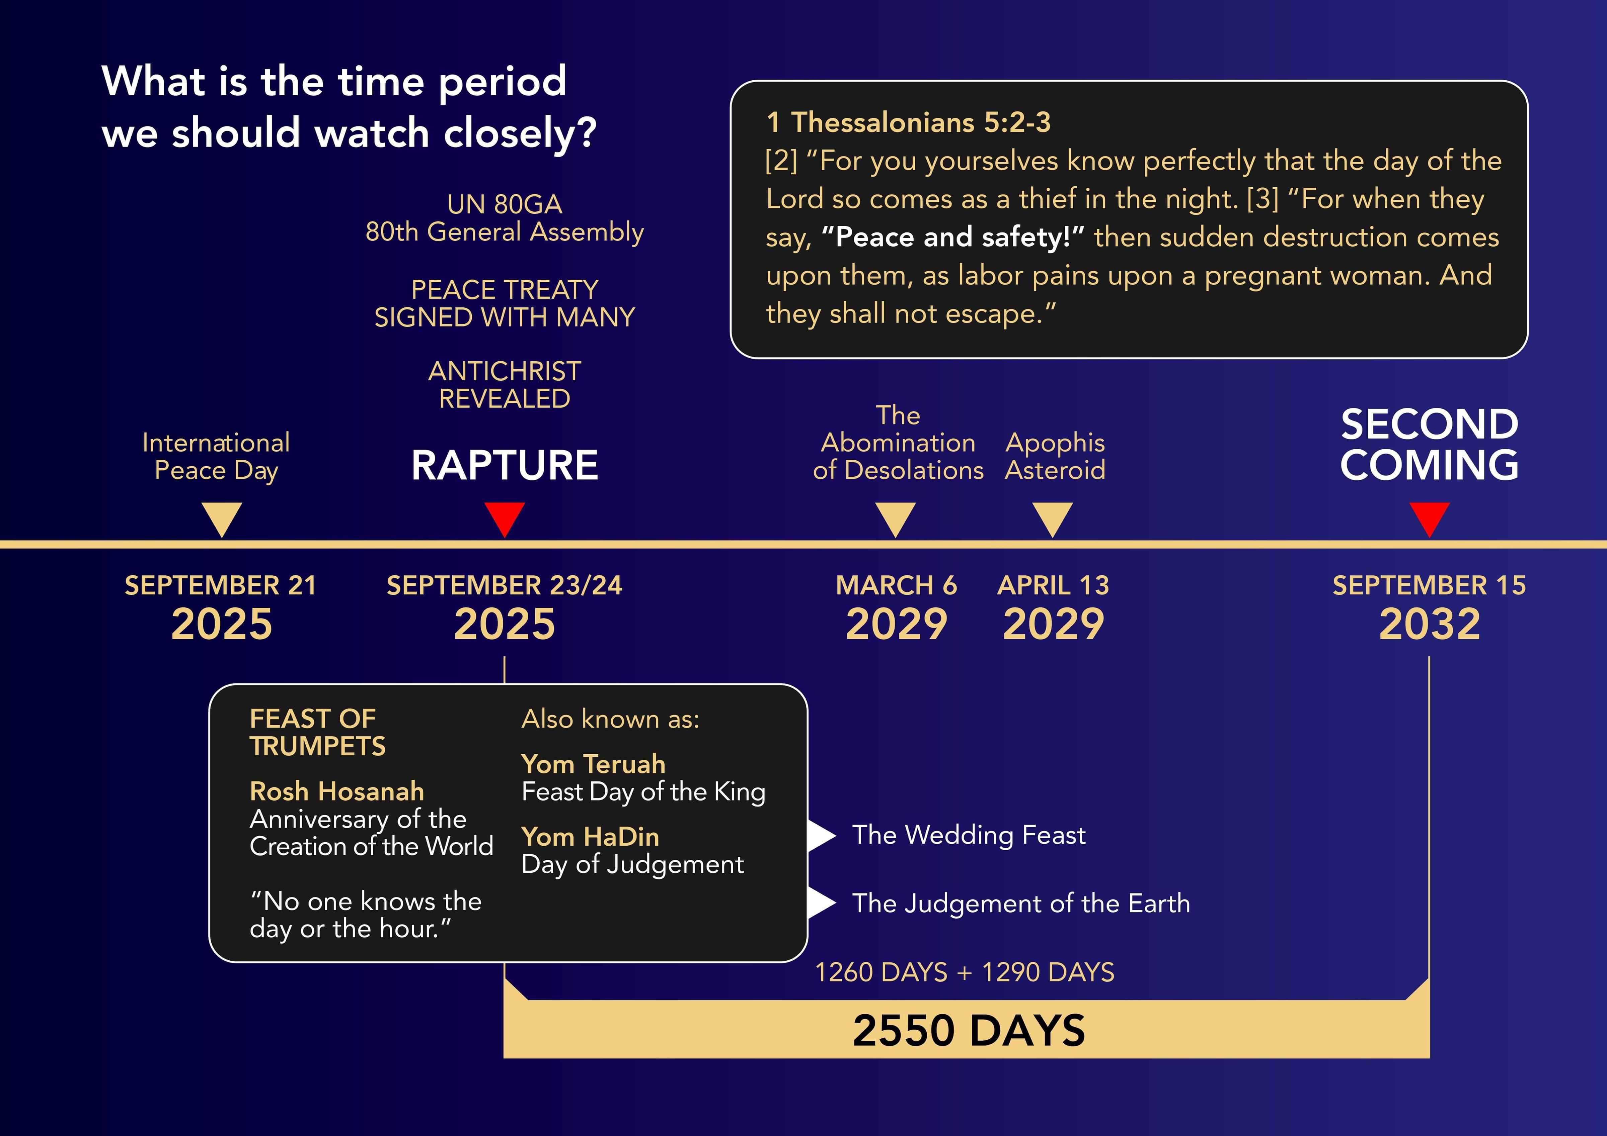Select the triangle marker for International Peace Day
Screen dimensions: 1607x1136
tap(222, 517)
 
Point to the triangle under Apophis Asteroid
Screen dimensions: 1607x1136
tap(1053, 517)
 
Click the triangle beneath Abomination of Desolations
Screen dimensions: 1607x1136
tap(896, 517)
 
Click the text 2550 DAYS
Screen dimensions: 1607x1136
tap(969, 1030)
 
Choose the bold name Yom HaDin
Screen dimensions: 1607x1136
tap(590, 837)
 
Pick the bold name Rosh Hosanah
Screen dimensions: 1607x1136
tap(337, 791)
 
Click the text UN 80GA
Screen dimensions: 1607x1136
tap(505, 204)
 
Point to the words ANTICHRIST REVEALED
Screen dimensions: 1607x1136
tap(505, 385)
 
